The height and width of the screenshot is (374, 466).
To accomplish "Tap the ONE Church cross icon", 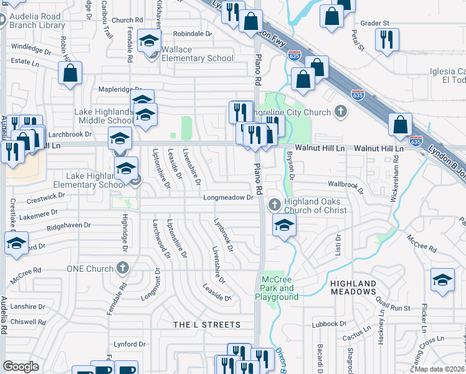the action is point(123,269).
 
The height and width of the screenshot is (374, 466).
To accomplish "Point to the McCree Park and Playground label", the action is point(277,288).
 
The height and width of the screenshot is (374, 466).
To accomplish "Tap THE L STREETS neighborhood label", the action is point(206,325).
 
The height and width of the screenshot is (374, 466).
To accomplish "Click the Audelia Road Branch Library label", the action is point(37,21).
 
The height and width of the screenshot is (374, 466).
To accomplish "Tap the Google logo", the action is point(21,367).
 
